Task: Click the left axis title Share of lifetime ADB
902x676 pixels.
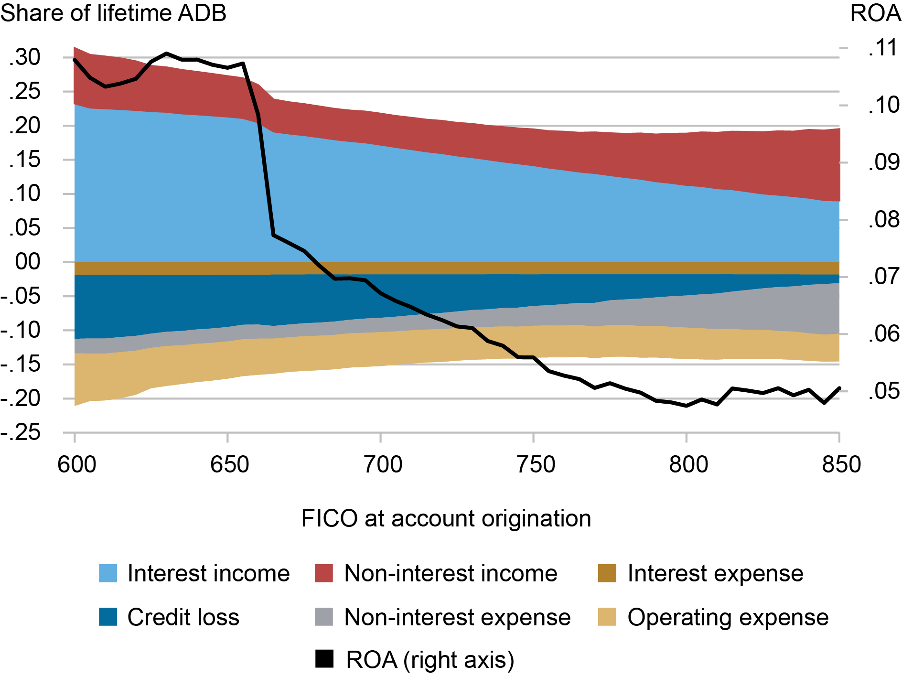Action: (113, 13)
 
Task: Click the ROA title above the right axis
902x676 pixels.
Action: (875, 13)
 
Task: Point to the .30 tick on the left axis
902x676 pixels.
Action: (25, 57)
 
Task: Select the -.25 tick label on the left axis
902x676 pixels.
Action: (21, 433)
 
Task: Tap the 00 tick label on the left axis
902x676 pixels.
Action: (28, 262)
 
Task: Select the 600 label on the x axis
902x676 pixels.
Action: (76, 464)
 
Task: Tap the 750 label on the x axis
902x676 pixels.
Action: (536, 464)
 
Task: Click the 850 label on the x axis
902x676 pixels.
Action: (841, 464)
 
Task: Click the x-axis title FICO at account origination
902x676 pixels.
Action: (446, 518)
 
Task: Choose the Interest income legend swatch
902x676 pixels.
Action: (108, 573)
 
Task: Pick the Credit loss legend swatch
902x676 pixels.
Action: (108, 617)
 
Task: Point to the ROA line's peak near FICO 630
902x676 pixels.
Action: (166, 54)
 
